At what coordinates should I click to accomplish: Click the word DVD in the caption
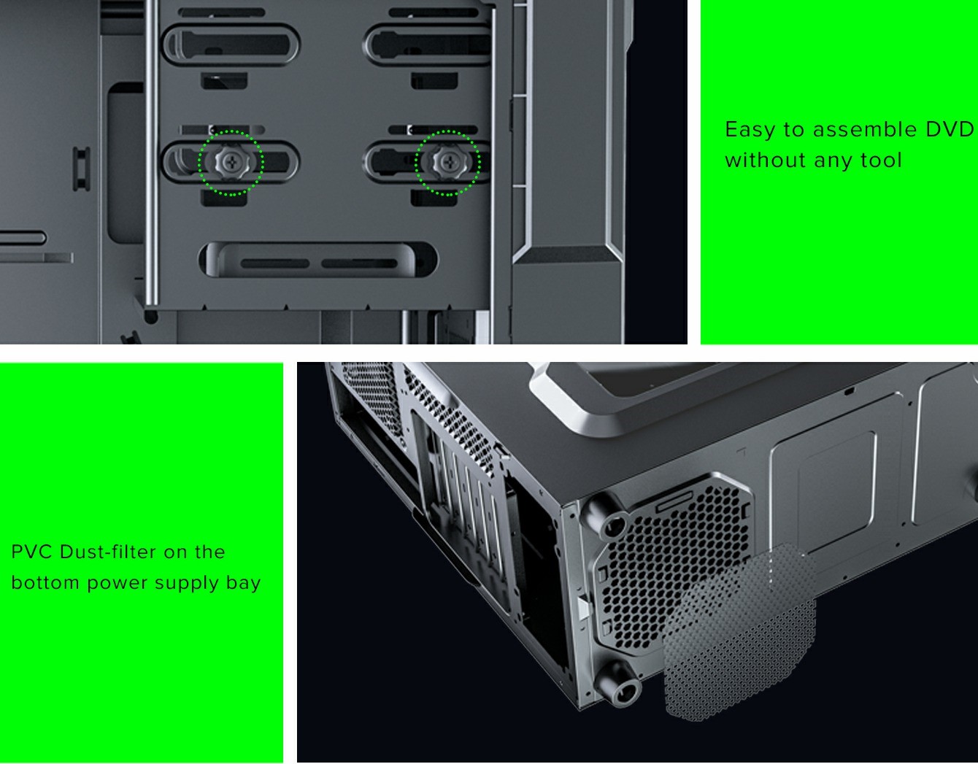point(950,130)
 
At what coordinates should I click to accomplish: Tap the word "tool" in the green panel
point(881,161)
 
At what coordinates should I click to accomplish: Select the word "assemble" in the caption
point(865,130)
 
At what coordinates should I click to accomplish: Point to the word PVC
point(31,552)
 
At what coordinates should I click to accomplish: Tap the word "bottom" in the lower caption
point(45,583)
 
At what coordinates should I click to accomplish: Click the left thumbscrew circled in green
point(231,163)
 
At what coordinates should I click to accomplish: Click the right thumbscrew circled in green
point(448,161)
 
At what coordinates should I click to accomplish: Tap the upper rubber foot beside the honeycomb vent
point(604,516)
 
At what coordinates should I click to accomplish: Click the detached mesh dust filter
point(740,632)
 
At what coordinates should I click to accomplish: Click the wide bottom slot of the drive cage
point(317,260)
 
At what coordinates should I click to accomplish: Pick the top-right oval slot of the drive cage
point(428,45)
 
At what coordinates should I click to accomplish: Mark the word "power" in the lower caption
point(116,584)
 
